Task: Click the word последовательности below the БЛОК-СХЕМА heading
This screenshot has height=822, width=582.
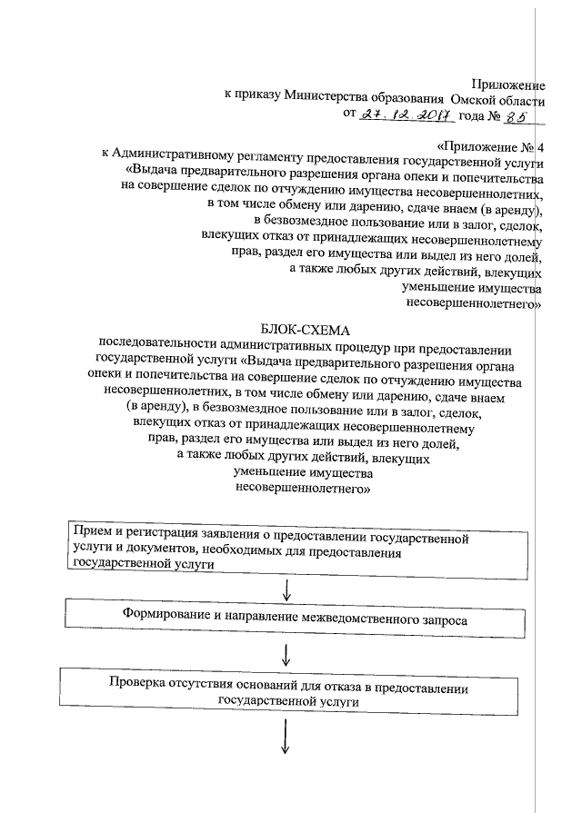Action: coord(156,348)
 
